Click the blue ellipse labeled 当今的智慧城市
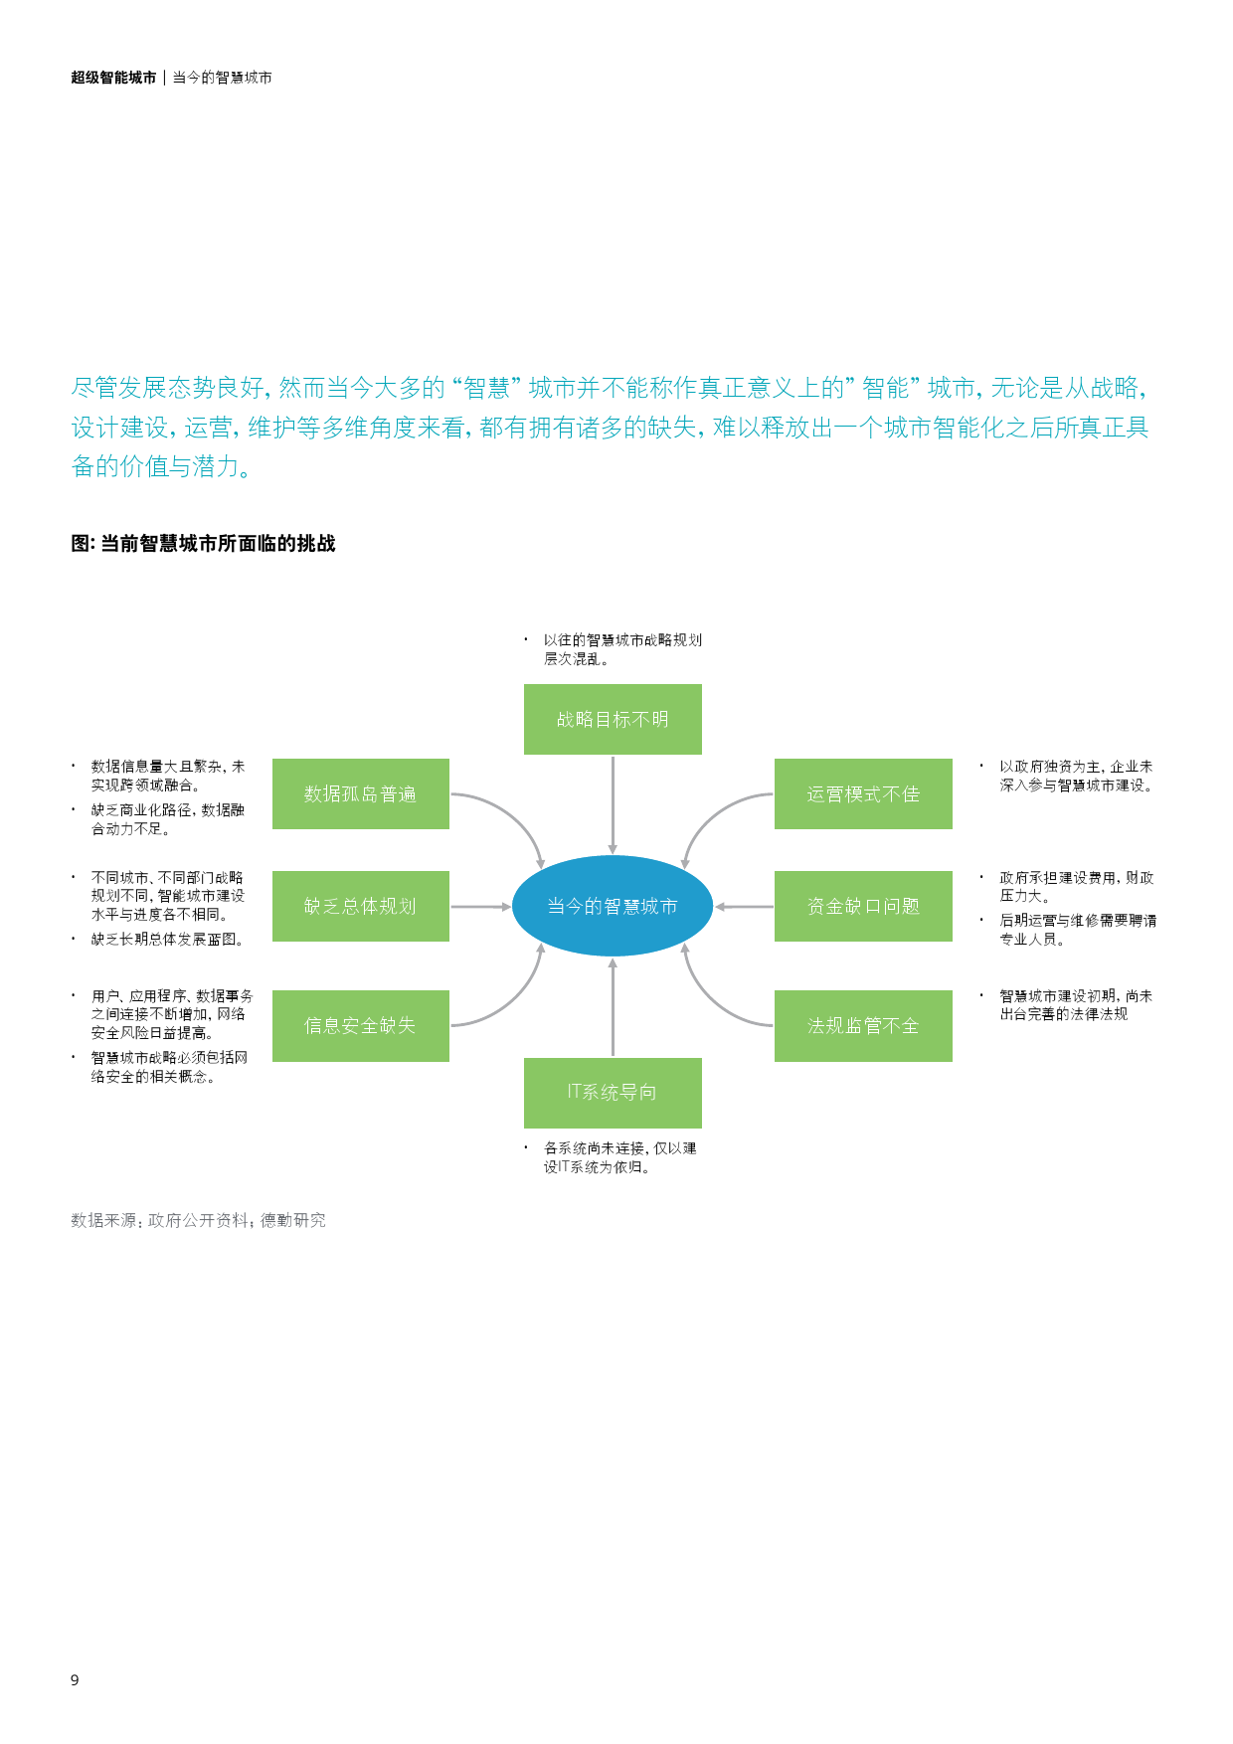click(613, 906)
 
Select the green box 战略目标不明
click(613, 719)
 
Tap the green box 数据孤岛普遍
click(360, 793)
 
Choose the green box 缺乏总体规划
click(360, 906)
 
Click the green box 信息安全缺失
click(360, 1025)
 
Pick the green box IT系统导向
click(613, 1092)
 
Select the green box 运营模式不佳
click(863, 793)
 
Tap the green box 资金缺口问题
click(863, 906)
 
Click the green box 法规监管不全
click(863, 1025)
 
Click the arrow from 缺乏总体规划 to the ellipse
click(480, 907)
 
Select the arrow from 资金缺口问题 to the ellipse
click(744, 907)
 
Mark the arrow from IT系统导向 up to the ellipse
click(613, 1006)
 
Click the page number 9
click(75, 1679)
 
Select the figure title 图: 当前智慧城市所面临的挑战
click(203, 543)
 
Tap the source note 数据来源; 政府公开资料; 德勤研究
click(198, 1220)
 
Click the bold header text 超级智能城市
click(113, 78)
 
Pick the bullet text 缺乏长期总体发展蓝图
click(166, 939)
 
